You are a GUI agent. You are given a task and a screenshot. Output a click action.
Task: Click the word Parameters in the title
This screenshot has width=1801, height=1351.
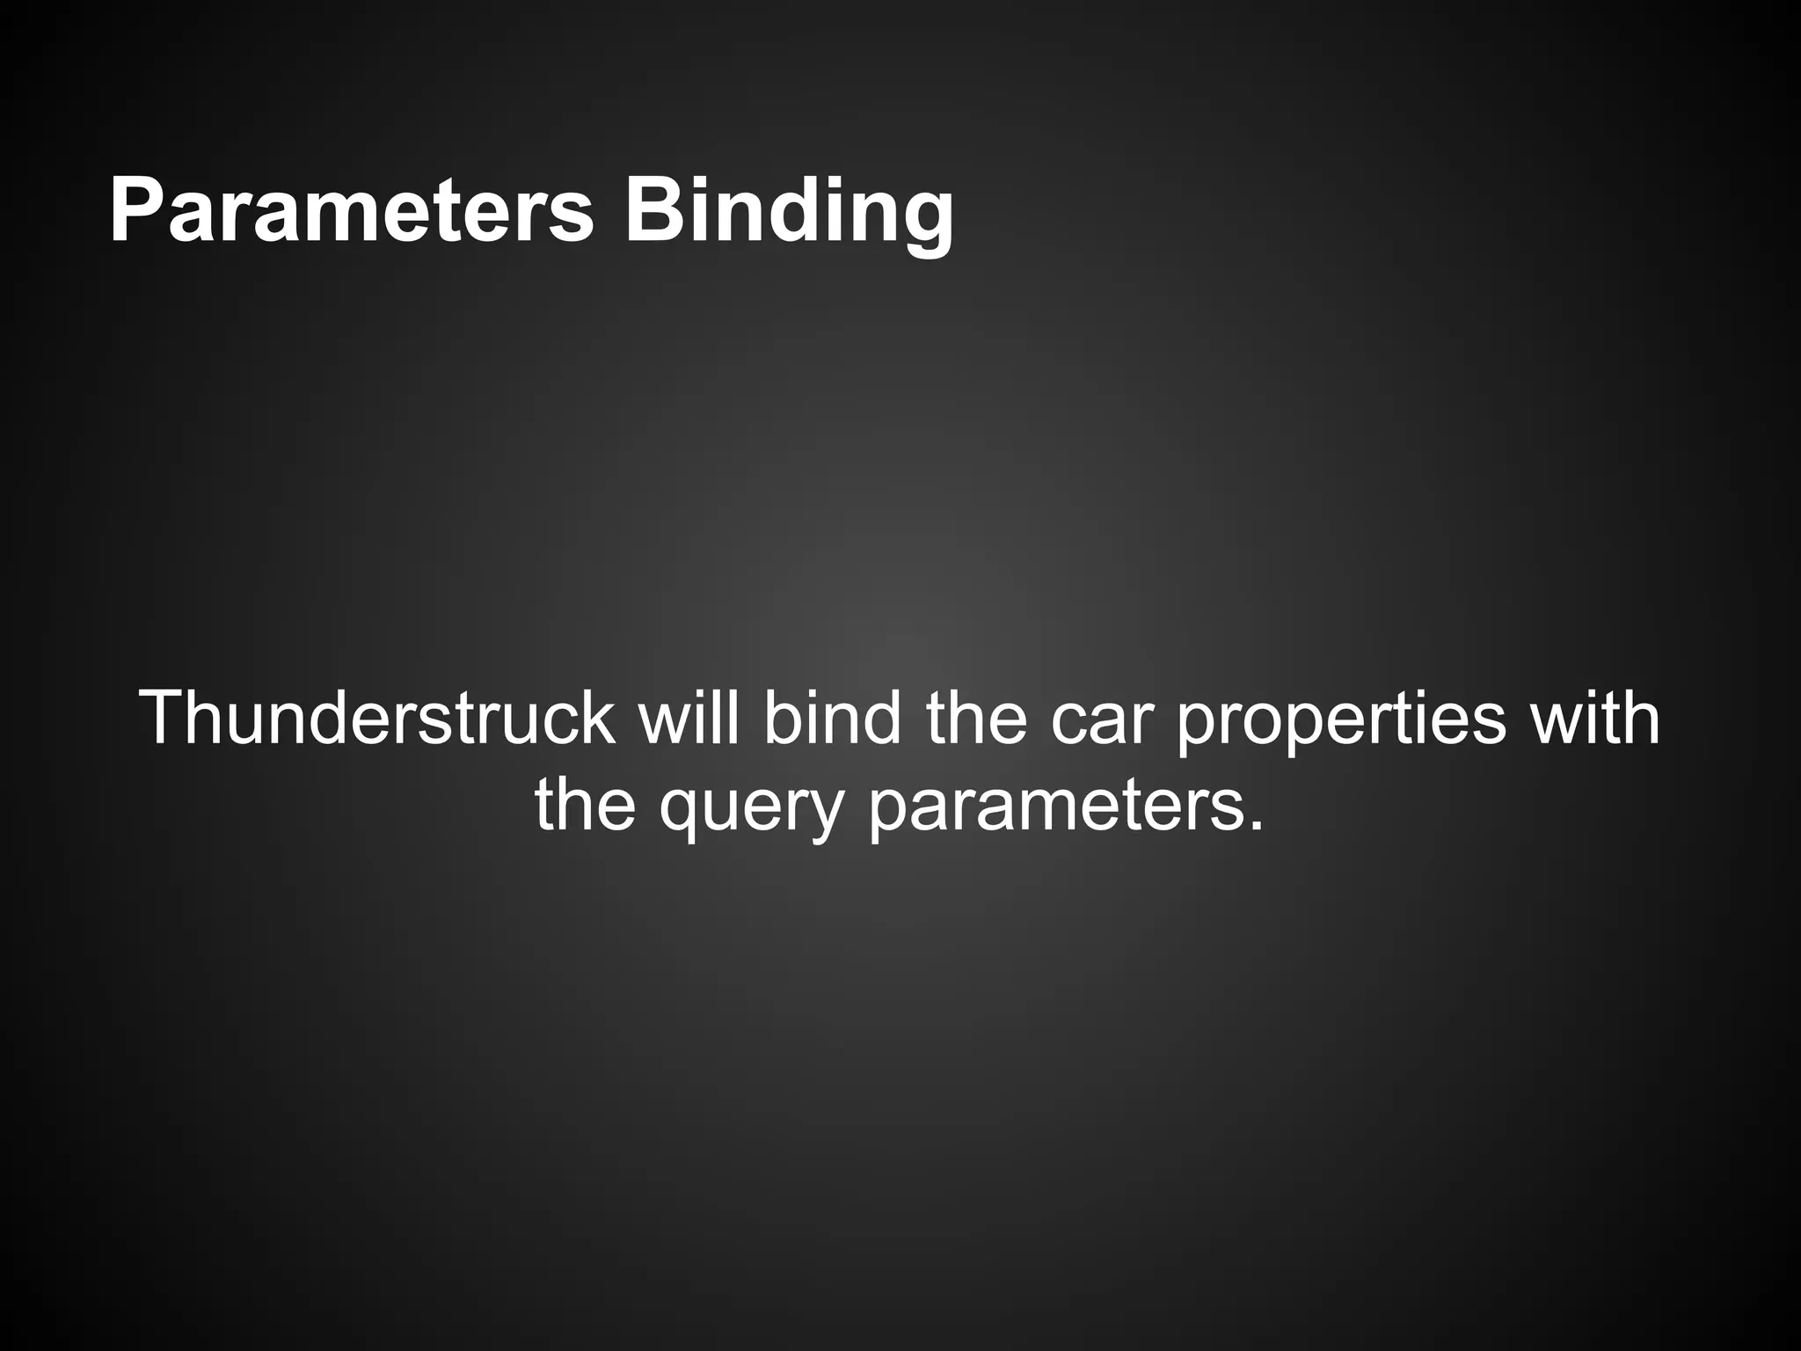[x=351, y=211]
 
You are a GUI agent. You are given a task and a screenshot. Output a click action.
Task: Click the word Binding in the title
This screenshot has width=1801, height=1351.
[x=789, y=211]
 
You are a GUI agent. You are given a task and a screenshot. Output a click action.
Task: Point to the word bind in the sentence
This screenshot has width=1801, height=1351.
[x=832, y=719]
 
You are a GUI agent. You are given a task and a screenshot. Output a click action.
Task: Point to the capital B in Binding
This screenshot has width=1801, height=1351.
[x=651, y=211]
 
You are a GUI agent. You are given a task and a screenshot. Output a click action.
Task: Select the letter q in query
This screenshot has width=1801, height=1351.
[x=682, y=813]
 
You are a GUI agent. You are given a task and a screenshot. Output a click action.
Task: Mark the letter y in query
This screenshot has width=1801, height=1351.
[x=823, y=813]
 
